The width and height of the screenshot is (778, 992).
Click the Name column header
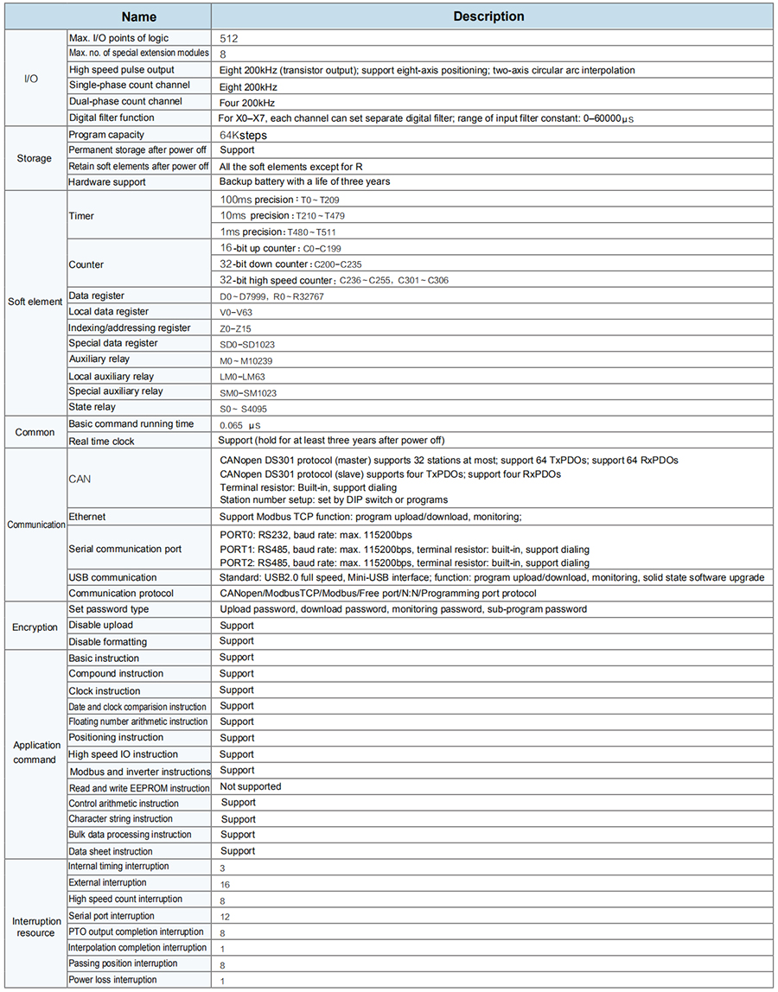[x=138, y=16]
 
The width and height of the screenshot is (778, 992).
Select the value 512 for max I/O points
[x=228, y=38]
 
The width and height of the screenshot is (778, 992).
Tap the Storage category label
[x=35, y=158]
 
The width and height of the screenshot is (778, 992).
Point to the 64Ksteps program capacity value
[x=244, y=135]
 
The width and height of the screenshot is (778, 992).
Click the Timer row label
[x=81, y=215]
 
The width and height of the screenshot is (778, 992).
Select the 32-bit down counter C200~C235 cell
[x=290, y=264]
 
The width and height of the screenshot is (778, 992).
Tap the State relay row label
[x=92, y=407]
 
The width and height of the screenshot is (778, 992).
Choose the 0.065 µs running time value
[x=240, y=425]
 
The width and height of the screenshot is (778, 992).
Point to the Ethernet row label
[x=86, y=516]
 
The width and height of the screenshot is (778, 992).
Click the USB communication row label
[x=112, y=577]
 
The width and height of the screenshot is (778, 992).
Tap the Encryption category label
[x=35, y=626]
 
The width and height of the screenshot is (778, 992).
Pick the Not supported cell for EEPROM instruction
[x=251, y=787]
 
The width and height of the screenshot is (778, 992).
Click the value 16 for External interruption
[x=225, y=884]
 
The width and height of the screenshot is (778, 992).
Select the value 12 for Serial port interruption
[x=225, y=916]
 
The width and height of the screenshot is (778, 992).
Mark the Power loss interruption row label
[x=112, y=980]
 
